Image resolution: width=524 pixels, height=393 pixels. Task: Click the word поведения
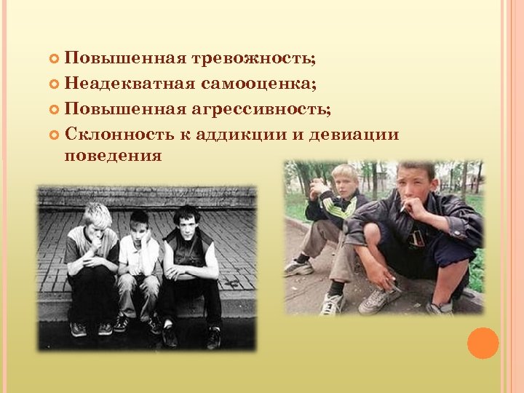pos(112,155)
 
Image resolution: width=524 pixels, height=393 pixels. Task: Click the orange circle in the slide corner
pos(483,343)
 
